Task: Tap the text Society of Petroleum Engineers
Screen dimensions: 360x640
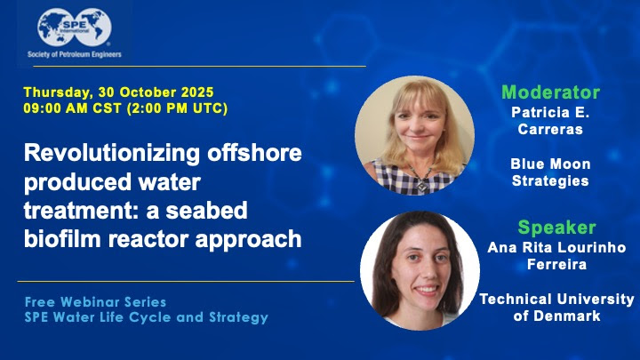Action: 74,55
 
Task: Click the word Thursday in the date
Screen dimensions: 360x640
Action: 54,92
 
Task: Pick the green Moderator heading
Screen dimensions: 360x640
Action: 550,92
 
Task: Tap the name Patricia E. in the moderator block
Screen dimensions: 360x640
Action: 551,113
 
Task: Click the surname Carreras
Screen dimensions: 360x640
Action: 551,131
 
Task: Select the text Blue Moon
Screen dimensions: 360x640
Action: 550,164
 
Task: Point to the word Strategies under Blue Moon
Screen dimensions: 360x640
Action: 550,181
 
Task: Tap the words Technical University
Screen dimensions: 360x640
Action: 556,300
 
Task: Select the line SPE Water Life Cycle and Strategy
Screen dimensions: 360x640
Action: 146,317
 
